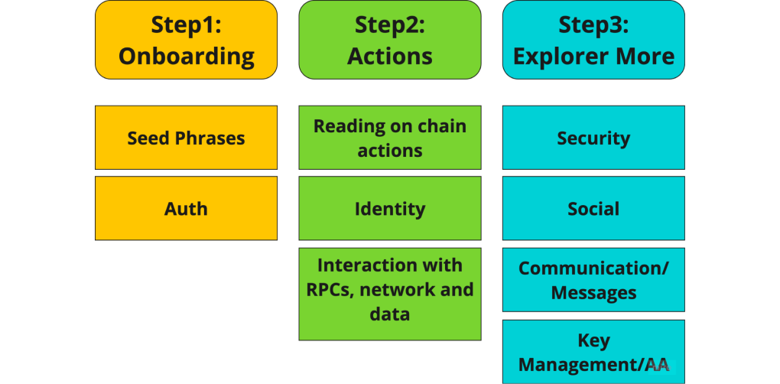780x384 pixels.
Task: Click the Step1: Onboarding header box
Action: coord(186,40)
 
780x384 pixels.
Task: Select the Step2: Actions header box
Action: coord(390,40)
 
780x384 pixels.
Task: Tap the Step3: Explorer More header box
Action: coord(593,40)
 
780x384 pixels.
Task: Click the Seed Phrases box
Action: coord(186,138)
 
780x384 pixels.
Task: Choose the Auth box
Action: coord(186,208)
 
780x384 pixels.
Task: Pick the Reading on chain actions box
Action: coord(390,138)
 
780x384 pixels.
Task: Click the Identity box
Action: coord(390,208)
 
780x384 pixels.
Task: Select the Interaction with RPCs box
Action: coord(390,294)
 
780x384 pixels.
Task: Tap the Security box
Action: coord(593,138)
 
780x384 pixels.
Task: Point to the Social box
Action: coord(593,208)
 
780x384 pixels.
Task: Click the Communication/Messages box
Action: coord(593,279)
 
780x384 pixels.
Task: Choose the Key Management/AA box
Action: coord(593,352)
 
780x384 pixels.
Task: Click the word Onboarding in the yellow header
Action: coord(187,57)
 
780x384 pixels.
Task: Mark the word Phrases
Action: coord(213,138)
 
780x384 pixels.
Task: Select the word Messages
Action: coord(593,292)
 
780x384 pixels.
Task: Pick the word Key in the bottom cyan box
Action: coord(593,342)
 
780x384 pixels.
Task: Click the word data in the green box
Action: coord(390,314)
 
